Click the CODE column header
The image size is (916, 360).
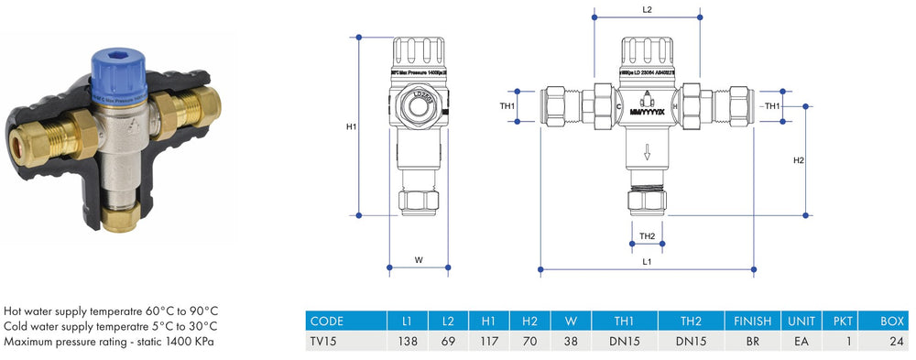click(x=327, y=321)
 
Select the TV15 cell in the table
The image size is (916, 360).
click(x=326, y=341)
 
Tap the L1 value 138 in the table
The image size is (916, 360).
click(x=408, y=341)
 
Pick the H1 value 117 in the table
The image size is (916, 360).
click(x=488, y=341)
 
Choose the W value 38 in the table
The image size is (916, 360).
click(x=571, y=341)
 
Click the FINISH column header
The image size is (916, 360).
click(x=753, y=321)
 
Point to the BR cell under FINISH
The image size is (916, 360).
click(x=753, y=341)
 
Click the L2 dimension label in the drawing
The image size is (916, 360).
click(x=647, y=9)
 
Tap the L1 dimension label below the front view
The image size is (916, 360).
click(x=647, y=261)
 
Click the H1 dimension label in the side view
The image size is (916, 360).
click(x=351, y=126)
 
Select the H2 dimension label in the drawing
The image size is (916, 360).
click(x=798, y=160)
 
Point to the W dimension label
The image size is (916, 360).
click(x=419, y=260)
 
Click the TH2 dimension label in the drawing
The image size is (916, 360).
click(x=647, y=236)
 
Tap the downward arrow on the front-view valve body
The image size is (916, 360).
click(x=647, y=152)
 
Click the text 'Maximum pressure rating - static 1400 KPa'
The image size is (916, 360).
click(x=111, y=342)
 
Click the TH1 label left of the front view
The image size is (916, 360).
click(x=507, y=106)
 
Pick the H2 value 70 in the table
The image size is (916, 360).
click(x=529, y=341)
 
